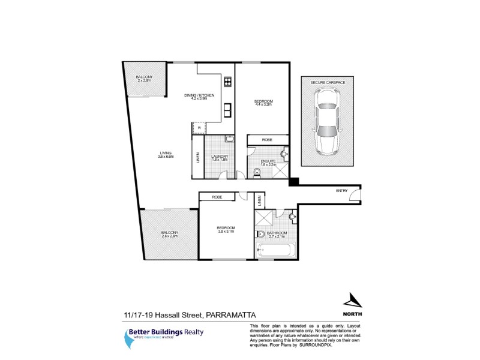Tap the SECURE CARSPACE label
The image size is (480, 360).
325,81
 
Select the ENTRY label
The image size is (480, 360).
341,191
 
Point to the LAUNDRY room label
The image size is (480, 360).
219,158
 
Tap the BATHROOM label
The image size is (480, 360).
277,233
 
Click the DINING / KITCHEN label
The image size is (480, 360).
199,96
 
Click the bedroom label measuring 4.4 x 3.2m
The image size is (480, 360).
263,102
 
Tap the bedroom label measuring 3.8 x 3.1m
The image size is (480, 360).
226,229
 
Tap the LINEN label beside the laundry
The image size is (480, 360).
197,158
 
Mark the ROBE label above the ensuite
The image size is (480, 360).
267,139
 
